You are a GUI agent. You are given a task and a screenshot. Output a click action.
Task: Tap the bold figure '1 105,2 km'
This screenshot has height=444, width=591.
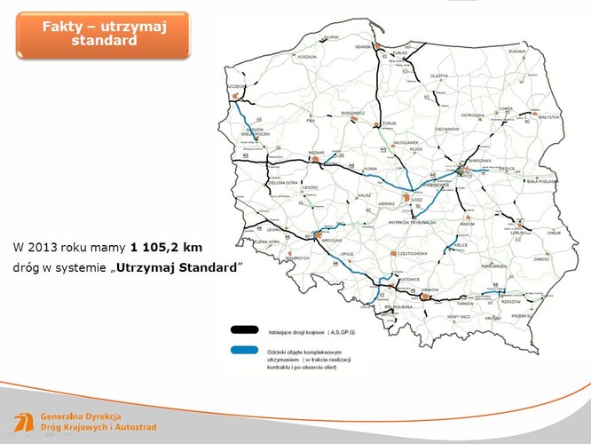(165, 246)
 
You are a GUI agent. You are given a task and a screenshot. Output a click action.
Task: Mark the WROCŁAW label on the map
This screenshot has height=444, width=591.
(332, 241)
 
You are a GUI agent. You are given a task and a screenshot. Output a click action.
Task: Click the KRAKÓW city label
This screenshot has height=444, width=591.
(432, 289)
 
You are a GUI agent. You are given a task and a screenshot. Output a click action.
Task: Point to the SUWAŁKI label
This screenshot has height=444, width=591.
(517, 52)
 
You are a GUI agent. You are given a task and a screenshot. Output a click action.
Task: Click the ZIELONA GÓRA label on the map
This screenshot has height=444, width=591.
(281, 182)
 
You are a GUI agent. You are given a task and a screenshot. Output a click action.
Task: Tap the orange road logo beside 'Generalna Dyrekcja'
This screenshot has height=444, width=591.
(24, 423)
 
